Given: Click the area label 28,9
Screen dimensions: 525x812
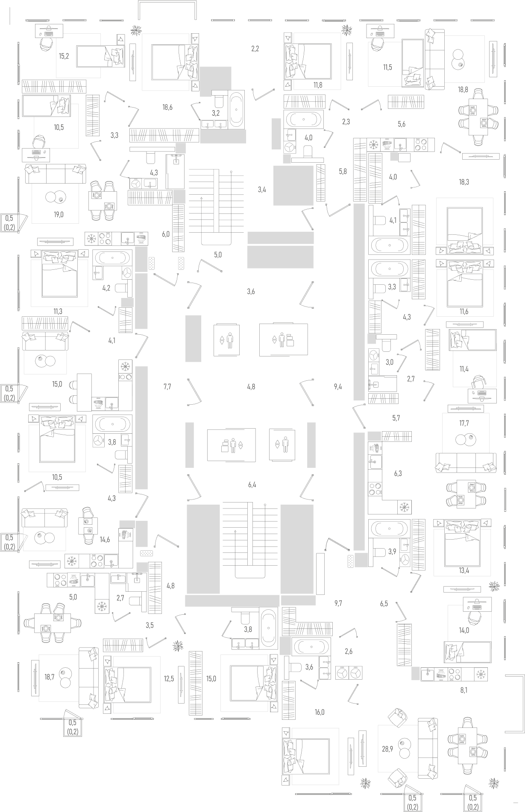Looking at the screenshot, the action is click(387, 748).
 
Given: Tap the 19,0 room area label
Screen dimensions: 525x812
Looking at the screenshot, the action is click(59, 214).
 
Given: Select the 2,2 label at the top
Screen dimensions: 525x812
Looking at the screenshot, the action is click(255, 49).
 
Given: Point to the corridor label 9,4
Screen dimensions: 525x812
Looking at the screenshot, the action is click(338, 387).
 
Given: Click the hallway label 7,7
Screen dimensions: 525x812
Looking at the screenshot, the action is click(167, 387).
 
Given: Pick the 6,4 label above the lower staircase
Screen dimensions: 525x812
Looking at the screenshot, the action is click(252, 485).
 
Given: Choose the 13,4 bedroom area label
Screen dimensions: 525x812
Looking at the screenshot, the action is click(464, 570).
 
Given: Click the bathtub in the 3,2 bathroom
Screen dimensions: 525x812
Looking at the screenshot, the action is click(237, 109).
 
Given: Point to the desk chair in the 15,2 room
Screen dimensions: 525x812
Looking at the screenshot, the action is click(46, 44).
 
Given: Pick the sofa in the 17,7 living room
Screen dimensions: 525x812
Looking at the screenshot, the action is click(466, 463).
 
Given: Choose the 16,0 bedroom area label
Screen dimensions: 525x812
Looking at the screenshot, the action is click(320, 712).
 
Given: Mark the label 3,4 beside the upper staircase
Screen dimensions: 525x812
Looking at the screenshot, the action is click(262, 190).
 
